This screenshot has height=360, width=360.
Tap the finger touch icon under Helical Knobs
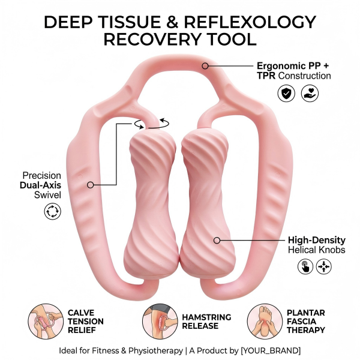(x=305, y=266)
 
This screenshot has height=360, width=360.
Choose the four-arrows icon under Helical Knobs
(x=324, y=266)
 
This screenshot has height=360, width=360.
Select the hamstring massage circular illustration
(x=158, y=320)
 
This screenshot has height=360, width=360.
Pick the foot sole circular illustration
(x=264, y=320)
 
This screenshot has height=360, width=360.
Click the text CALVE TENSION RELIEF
(x=86, y=321)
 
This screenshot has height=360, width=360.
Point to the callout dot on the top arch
(x=205, y=65)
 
